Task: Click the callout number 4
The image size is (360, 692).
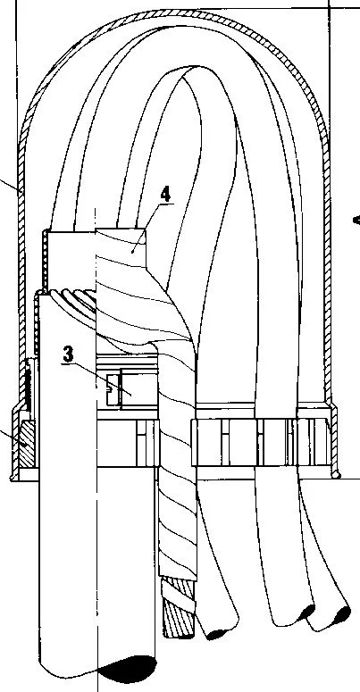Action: pyautogui.click(x=165, y=194)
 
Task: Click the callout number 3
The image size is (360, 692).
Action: pyautogui.click(x=68, y=354)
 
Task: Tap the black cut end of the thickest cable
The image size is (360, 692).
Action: pyautogui.click(x=127, y=668)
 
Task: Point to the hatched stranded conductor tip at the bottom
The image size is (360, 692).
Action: pyautogui.click(x=179, y=608)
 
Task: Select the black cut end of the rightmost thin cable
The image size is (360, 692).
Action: pyautogui.click(x=340, y=614)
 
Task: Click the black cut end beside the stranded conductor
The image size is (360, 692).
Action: pyautogui.click(x=218, y=634)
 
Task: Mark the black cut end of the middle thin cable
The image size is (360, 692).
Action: pyautogui.click(x=306, y=612)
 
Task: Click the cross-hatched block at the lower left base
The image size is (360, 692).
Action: pyautogui.click(x=27, y=444)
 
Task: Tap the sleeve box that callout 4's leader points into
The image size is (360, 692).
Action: pyautogui.click(x=121, y=248)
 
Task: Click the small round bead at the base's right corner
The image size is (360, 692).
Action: pyautogui.click(x=337, y=475)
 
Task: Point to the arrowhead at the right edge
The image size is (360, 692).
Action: pyautogui.click(x=356, y=220)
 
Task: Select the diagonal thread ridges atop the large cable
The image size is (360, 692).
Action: pyautogui.click(x=74, y=301)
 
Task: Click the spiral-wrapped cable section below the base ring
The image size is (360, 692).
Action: pyautogui.click(x=177, y=521)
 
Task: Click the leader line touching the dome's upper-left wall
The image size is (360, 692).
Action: pyautogui.click(x=10, y=187)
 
